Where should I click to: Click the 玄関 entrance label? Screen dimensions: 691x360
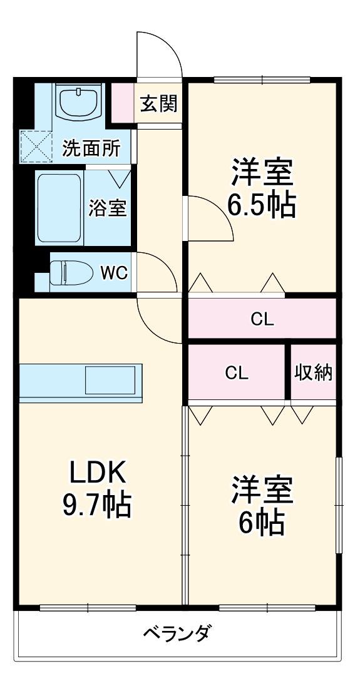point(158,103)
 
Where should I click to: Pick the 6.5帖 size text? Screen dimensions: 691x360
point(261,207)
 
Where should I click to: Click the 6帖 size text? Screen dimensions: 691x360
point(261,523)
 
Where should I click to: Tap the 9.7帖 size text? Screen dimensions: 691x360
point(96,506)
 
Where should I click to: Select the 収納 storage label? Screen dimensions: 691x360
point(314,372)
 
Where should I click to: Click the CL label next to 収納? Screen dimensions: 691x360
point(237,373)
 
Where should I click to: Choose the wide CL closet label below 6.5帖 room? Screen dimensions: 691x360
point(262,319)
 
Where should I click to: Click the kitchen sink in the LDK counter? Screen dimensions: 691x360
point(110,379)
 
